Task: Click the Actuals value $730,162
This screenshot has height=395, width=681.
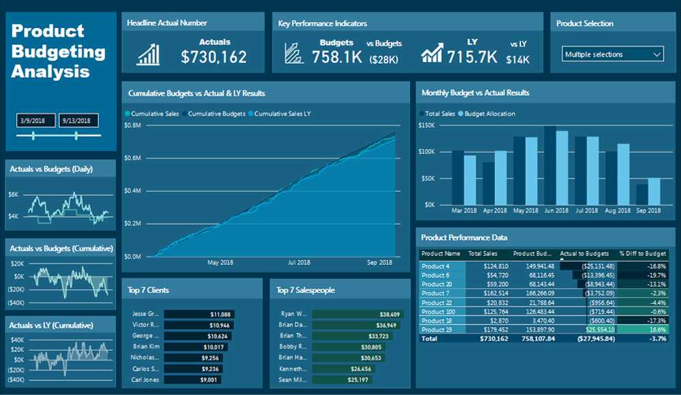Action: (214, 57)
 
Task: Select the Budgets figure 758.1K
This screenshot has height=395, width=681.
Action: (337, 57)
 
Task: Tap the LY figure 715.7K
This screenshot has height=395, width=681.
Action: (473, 57)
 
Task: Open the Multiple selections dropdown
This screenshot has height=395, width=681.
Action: (614, 54)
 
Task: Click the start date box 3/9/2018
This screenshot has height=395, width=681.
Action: (35, 121)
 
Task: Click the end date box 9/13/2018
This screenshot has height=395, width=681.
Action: (78, 121)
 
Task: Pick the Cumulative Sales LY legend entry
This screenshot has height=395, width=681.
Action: (279, 114)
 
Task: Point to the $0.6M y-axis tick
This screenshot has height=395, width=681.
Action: (132, 158)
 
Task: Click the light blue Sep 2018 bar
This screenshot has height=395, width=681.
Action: (654, 191)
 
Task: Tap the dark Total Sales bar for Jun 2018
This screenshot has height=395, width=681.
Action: (550, 165)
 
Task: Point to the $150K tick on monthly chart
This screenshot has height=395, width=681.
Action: (426, 125)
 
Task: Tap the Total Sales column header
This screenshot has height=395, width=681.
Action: (484, 253)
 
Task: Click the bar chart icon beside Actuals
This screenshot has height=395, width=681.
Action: (148, 54)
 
